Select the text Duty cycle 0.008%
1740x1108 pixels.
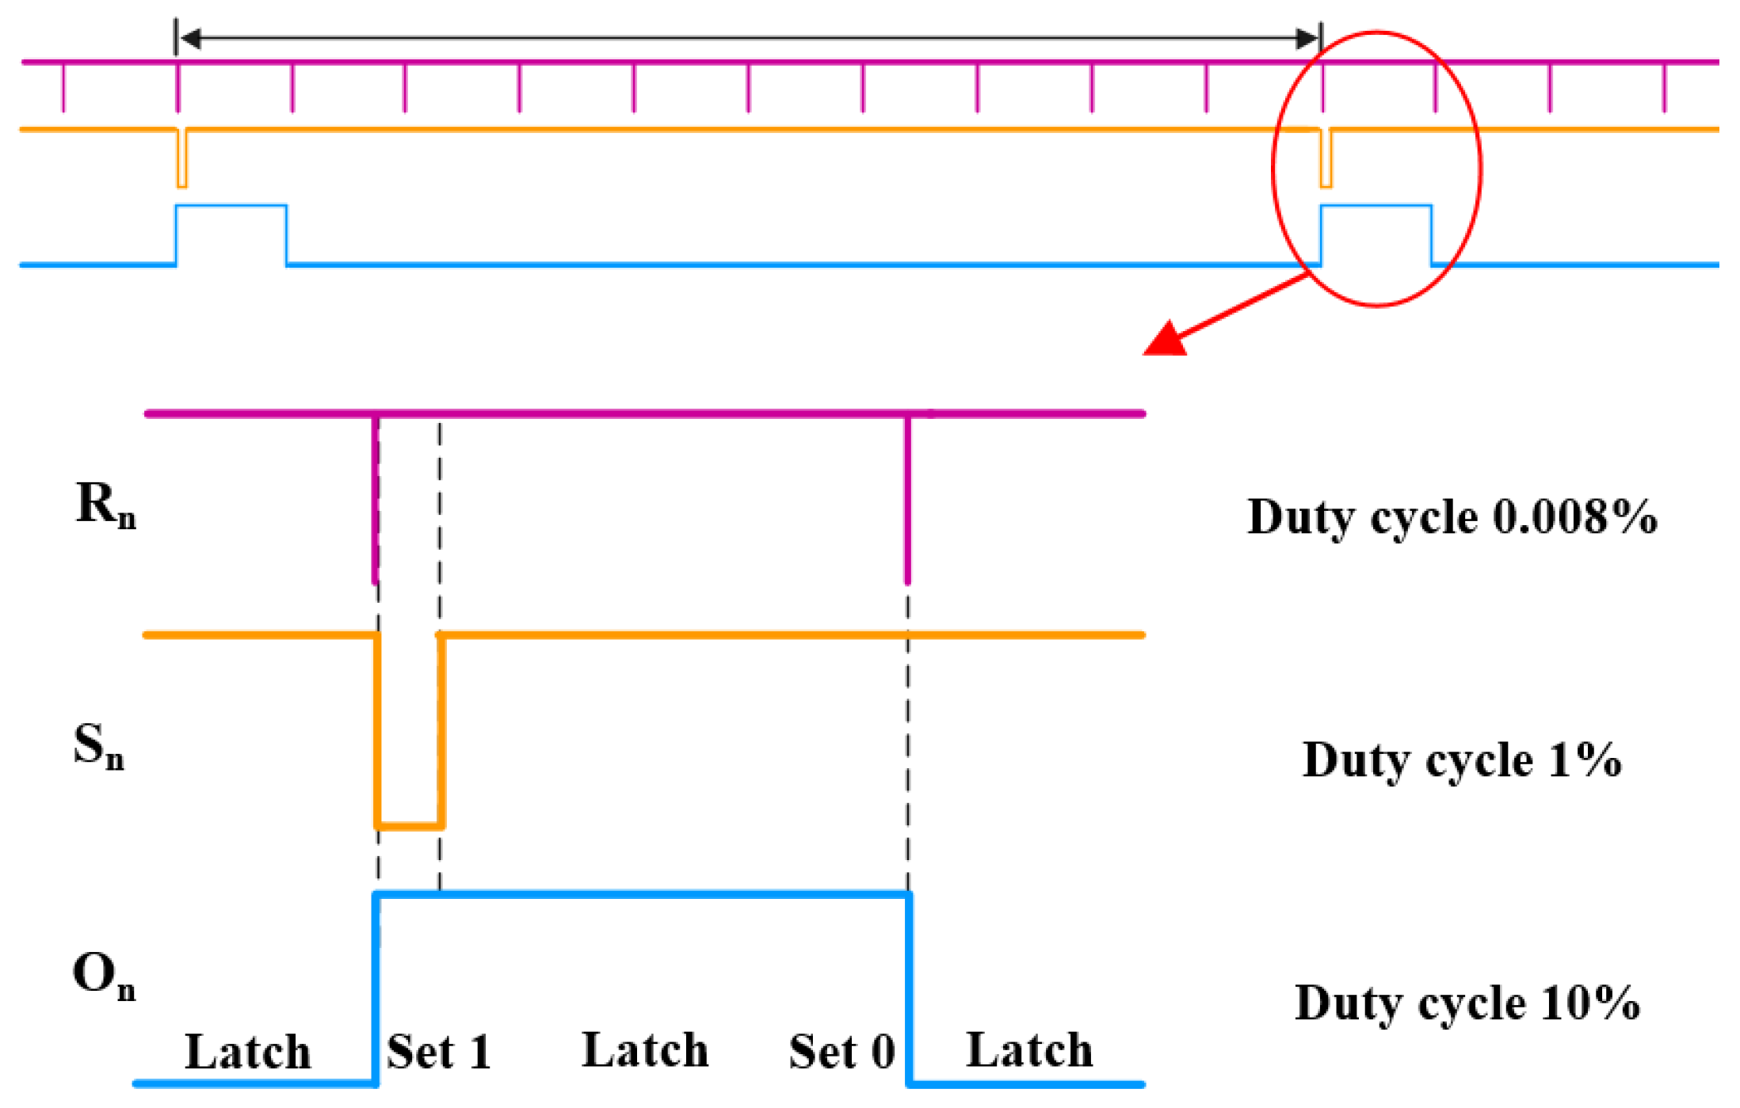[1452, 518]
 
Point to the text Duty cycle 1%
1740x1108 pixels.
[1461, 760]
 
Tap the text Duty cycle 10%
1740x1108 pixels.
[1467, 1003]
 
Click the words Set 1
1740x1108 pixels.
[439, 1053]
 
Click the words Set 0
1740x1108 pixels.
[841, 1053]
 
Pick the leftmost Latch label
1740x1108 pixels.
[248, 1053]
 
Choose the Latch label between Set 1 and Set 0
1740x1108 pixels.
[645, 1051]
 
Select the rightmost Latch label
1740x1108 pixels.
[1029, 1051]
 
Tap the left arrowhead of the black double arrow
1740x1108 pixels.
[190, 38]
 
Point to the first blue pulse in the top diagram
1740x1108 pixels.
[231, 208]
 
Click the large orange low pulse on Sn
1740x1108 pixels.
[409, 824]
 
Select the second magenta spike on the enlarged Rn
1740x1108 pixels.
[908, 499]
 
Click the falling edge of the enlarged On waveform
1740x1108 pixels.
[910, 990]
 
